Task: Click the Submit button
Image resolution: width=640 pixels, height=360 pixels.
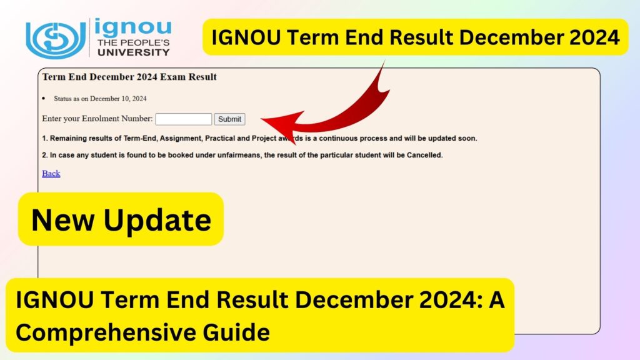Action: (229, 119)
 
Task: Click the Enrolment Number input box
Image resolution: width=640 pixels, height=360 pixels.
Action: (183, 119)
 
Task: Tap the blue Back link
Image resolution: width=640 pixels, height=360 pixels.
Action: (51, 173)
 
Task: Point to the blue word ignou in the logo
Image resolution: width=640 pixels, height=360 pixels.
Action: (134, 29)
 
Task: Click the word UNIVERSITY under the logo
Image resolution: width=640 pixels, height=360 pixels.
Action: (132, 53)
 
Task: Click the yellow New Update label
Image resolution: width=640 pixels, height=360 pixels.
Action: (121, 219)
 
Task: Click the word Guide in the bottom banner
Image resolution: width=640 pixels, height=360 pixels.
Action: (239, 331)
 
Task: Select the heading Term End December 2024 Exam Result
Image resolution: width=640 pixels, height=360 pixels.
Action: (129, 77)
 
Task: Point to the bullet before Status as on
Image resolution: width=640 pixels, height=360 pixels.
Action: (44, 99)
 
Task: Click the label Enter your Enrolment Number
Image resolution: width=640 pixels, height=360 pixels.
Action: (97, 119)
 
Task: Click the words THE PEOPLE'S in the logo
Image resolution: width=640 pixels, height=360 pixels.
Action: (132, 43)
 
